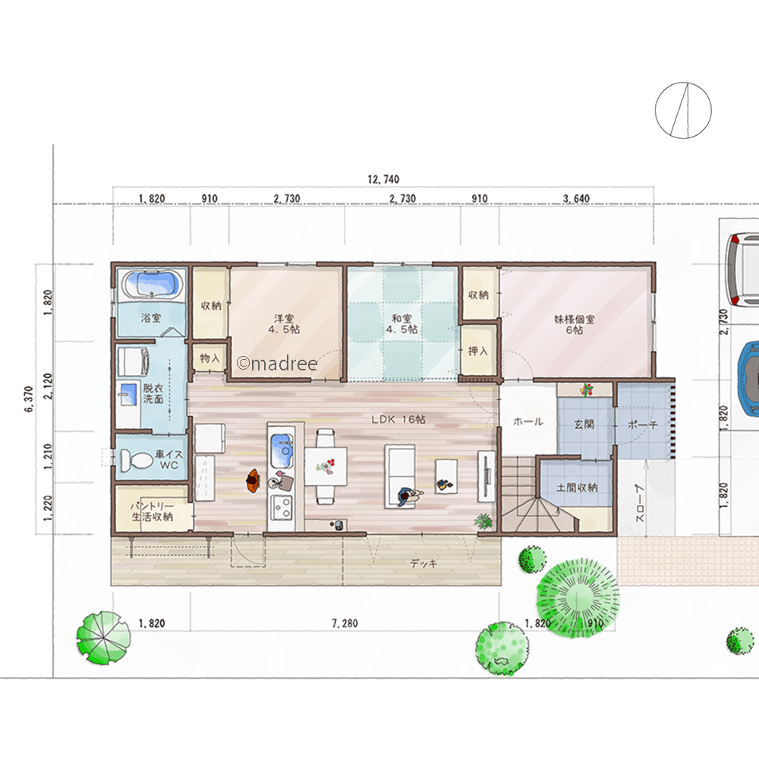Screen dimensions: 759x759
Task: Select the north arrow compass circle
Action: (683, 110)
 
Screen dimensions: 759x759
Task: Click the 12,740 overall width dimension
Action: (383, 180)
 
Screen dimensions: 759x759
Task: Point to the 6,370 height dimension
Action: (29, 399)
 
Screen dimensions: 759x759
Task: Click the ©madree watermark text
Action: (277, 363)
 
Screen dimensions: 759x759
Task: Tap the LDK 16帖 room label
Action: (398, 419)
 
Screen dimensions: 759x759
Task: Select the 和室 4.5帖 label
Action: (402, 324)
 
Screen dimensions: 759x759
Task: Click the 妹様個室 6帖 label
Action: (575, 324)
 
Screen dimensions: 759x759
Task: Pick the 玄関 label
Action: (584, 424)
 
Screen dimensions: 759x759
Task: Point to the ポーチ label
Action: (642, 424)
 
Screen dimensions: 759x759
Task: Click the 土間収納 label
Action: (577, 487)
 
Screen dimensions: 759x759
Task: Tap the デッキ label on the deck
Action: (424, 563)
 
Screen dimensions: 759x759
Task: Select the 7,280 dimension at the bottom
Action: (345, 623)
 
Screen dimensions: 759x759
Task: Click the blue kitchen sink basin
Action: (282, 444)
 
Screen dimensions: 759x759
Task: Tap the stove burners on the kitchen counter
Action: (282, 507)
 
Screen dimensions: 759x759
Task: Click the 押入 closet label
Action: (477, 351)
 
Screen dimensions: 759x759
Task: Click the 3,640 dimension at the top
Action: (576, 198)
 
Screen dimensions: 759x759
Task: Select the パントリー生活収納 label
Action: (152, 512)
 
